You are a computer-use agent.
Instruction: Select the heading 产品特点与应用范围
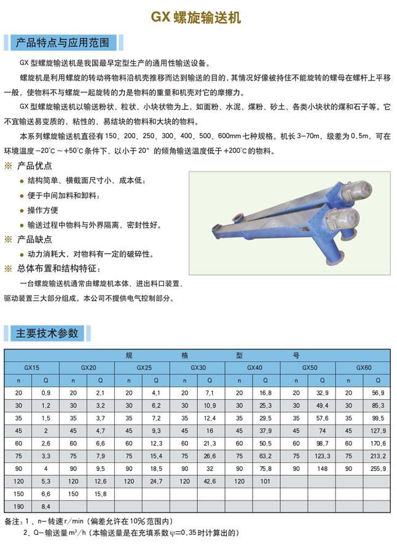[62, 42]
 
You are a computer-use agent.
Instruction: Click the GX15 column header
[32, 368]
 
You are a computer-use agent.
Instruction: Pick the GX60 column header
[364, 368]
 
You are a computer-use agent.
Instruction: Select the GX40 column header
[254, 368]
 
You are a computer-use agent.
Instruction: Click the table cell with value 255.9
[377, 468]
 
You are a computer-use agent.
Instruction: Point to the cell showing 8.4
[46, 507]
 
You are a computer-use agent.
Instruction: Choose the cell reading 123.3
[323, 456]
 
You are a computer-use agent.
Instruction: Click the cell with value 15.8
[101, 494]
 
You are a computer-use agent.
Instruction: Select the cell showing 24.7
[155, 481]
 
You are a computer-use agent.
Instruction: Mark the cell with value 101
[265, 481]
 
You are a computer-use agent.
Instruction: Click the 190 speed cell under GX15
[18, 507]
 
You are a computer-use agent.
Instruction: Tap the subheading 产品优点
[34, 166]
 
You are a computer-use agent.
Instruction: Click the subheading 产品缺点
[34, 239]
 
